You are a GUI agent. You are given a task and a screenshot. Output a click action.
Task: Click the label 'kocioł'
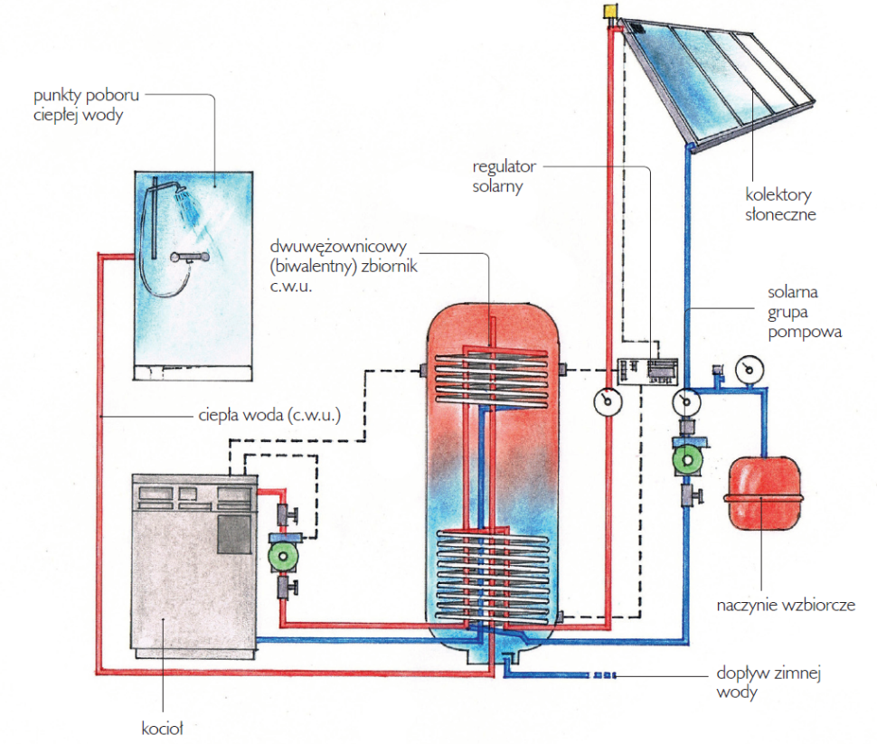pyautogui.click(x=163, y=726)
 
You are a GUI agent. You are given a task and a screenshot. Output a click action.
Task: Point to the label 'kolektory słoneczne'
pyautogui.click(x=779, y=204)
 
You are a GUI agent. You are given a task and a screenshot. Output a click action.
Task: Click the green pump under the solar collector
pyautogui.click(x=686, y=459)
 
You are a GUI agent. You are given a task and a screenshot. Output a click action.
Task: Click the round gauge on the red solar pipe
pyautogui.click(x=604, y=401)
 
